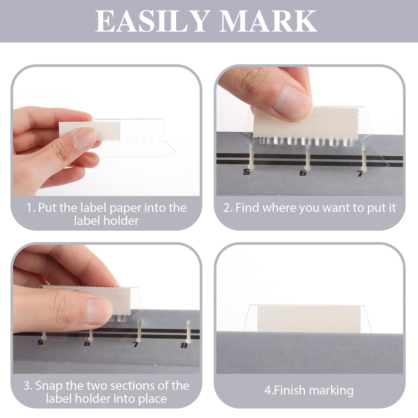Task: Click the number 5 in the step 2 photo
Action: coord(247,172)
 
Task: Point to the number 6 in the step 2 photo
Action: coord(303,173)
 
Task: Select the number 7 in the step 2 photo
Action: coord(360,173)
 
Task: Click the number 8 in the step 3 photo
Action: coord(184,345)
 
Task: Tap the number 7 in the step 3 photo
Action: coord(136,344)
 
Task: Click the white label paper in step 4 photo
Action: coord(309,319)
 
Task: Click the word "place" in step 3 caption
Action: coord(152,399)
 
